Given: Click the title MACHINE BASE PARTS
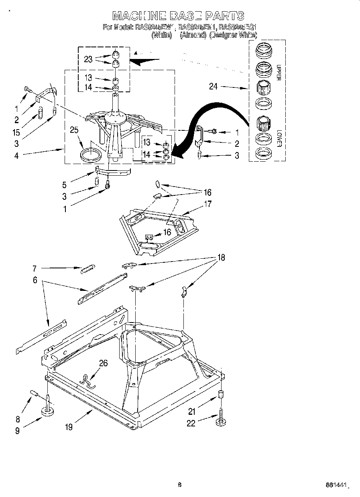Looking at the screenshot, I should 178,16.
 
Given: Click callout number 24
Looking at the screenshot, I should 213,86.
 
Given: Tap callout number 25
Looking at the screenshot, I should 73,130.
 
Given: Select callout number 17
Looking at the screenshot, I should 207,204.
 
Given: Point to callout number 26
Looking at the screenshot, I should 104,363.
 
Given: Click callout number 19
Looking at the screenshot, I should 69,427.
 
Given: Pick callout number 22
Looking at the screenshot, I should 191,423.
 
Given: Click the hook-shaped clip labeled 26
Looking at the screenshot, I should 88,381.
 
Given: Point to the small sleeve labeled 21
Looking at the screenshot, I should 220,394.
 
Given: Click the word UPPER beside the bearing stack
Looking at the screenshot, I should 278,72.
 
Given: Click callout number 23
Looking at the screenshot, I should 88,59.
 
